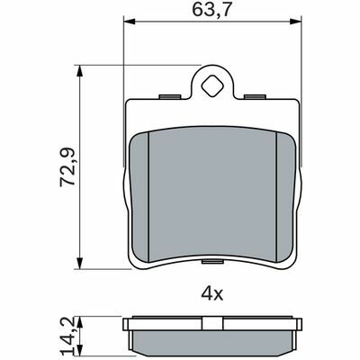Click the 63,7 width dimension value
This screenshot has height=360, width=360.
pyautogui.click(x=211, y=10)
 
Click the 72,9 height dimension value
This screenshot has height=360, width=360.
pyautogui.click(x=67, y=166)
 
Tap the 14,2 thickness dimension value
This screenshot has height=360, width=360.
pyautogui.click(x=67, y=337)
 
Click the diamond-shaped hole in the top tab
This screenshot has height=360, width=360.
pyautogui.click(x=212, y=85)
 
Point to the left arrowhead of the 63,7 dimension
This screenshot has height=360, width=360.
pyautogui.click(x=130, y=22)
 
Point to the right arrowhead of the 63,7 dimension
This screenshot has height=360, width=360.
pyautogui.click(x=295, y=22)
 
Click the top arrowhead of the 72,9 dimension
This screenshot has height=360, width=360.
pyautogui.click(x=79, y=71)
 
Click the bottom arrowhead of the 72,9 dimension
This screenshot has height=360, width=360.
pyautogui.click(x=79, y=263)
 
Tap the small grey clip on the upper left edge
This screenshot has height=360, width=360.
pyautogui.click(x=170, y=96)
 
